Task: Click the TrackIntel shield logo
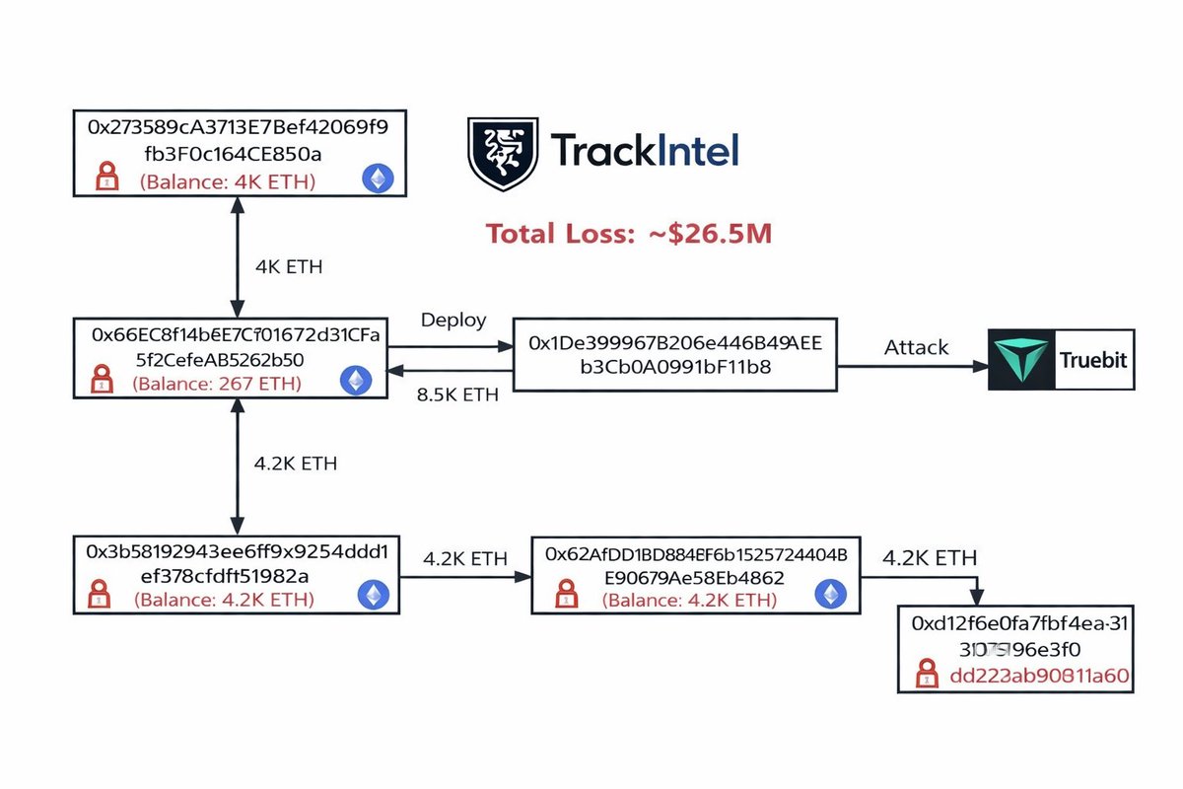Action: [502, 153]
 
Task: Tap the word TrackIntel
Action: [644, 151]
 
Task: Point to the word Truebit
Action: [1091, 360]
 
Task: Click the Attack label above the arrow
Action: [916, 347]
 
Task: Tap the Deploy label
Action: [453, 321]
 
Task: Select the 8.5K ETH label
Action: [459, 394]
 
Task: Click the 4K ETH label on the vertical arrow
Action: [289, 266]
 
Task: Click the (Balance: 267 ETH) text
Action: [217, 382]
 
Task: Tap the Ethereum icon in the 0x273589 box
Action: [377, 179]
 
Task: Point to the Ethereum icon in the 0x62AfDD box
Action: [828, 595]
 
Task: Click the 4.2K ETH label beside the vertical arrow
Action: [297, 464]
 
